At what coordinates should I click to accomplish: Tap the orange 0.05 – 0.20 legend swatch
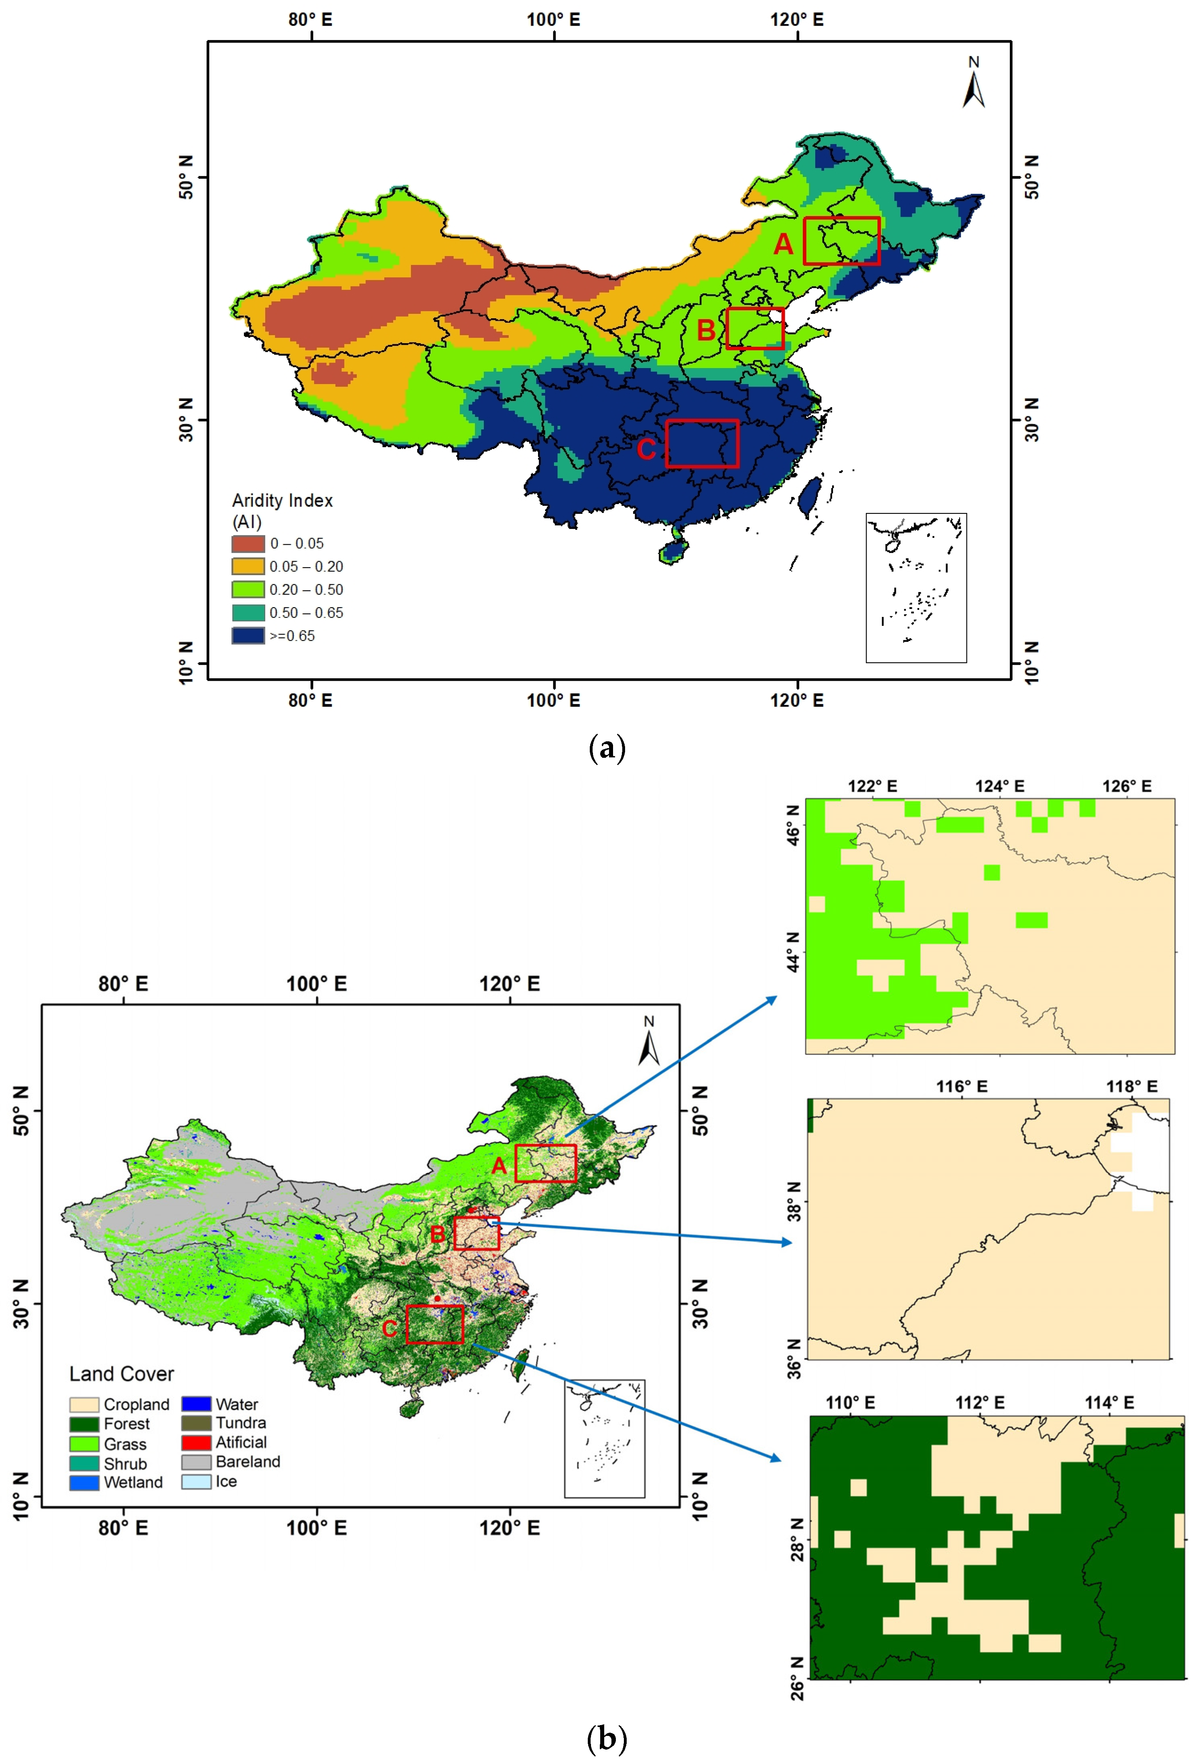pos(248,566)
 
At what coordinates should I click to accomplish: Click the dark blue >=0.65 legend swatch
pos(248,635)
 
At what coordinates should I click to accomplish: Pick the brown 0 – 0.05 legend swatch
pos(248,543)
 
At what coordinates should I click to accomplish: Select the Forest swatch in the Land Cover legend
pos(84,1424)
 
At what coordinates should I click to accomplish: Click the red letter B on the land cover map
pos(437,1234)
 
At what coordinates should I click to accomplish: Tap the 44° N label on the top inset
pos(793,952)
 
